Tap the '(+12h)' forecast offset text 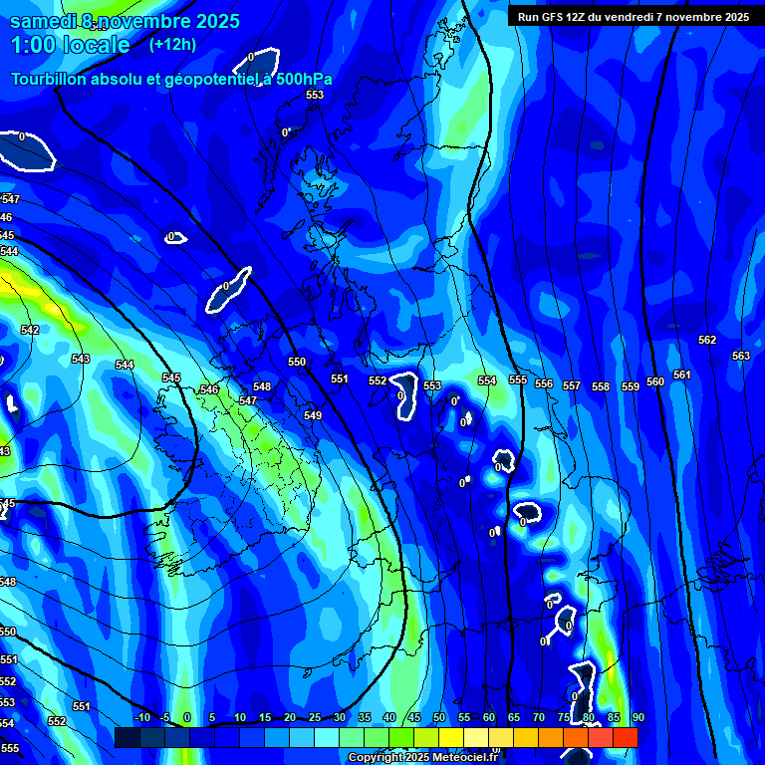point(173,44)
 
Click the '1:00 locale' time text point(71,45)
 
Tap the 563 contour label point(740,356)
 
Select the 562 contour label point(707,340)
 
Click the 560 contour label point(654,382)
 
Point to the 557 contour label point(571,385)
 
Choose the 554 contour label point(486,381)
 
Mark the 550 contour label point(297,362)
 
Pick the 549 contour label point(313,415)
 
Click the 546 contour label point(209,389)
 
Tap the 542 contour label point(30,330)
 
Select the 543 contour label point(81,359)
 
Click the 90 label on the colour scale point(637,717)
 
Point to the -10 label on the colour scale point(141,717)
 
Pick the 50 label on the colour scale point(439,717)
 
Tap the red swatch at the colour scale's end point(625,737)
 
